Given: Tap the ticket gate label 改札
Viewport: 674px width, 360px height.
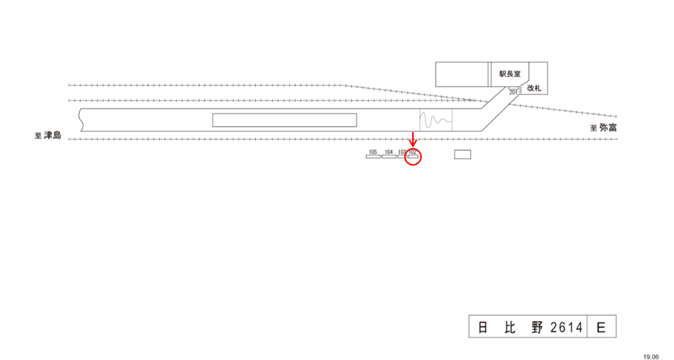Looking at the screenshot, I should (x=534, y=89).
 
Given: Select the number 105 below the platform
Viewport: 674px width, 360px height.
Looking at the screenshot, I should (x=373, y=152).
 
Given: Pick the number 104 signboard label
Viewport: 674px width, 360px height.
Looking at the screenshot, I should (x=389, y=152).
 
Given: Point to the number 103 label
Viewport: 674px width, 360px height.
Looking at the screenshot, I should (x=402, y=152).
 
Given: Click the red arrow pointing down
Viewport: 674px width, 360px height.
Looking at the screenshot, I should (x=413, y=139).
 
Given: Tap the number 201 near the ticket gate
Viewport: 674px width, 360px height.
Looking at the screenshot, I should (x=513, y=92).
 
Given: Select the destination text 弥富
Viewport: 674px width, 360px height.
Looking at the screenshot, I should (x=609, y=128).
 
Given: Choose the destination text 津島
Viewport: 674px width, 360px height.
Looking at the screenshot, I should (x=53, y=136).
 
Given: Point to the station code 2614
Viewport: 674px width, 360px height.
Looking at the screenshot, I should (x=565, y=327).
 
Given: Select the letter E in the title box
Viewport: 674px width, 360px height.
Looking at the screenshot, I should (x=601, y=327).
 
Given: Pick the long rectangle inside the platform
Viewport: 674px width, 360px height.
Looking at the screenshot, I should (x=285, y=120).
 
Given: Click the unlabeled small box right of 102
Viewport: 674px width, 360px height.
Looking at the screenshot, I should (x=462, y=154).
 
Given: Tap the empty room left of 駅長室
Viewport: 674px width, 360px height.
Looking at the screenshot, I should (x=462, y=74).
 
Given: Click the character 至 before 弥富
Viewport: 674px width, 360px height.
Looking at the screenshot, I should (x=594, y=128).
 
